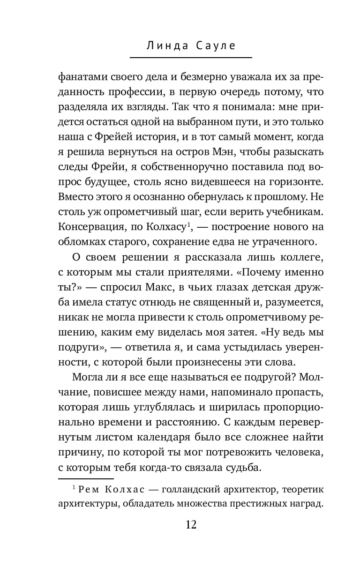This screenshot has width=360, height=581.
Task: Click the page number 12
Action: [x=191, y=524]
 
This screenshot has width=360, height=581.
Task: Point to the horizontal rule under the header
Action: [x=191, y=58]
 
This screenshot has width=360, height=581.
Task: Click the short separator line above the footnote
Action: [x=86, y=479]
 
